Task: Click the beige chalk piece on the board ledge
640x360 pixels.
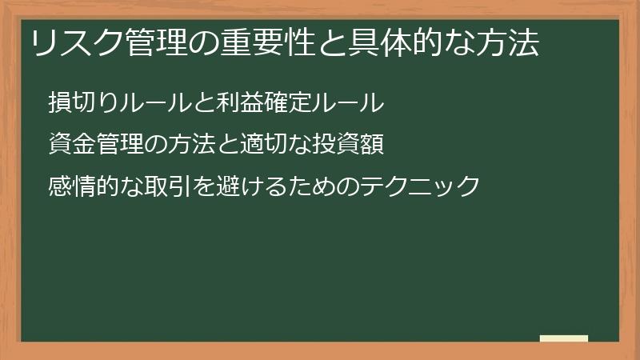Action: (x=564, y=338)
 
